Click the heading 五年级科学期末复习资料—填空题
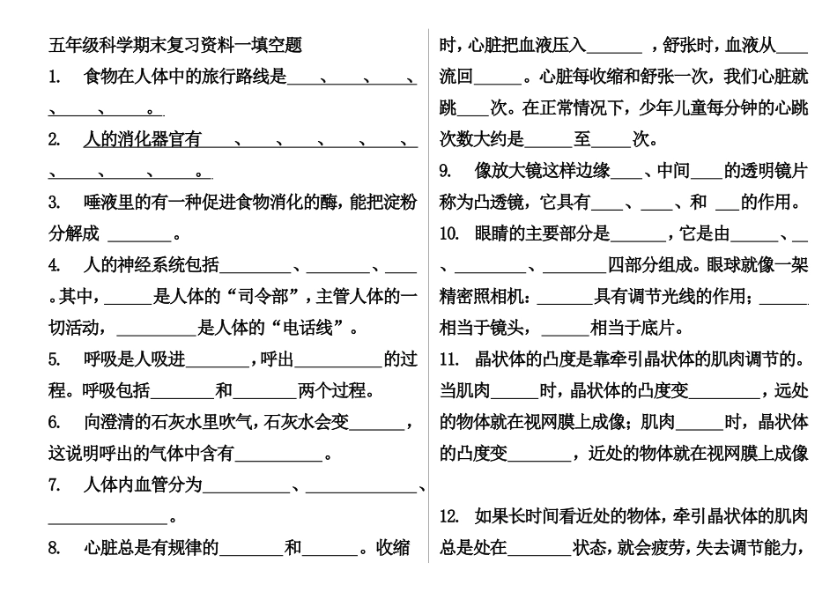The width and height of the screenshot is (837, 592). click(174, 45)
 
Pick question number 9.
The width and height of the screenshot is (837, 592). click(447, 171)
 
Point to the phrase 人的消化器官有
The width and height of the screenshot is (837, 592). click(142, 139)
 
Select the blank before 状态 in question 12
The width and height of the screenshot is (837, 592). click(539, 549)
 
